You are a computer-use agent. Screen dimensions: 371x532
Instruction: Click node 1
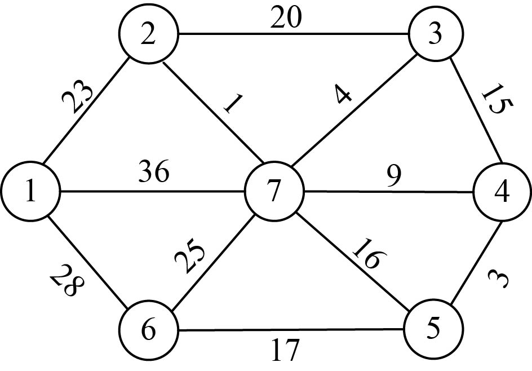(30, 193)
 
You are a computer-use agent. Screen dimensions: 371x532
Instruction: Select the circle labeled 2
(148, 36)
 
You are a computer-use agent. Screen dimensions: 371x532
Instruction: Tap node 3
(434, 35)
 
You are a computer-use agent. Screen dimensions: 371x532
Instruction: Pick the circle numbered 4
(502, 193)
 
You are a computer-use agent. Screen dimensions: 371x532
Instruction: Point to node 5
(433, 329)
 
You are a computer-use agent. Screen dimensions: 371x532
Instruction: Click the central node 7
(274, 193)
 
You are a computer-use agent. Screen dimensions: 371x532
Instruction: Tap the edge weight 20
(286, 19)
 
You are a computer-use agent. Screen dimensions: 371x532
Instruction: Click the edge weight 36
(154, 173)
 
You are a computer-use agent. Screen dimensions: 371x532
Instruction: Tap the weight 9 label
(394, 176)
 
